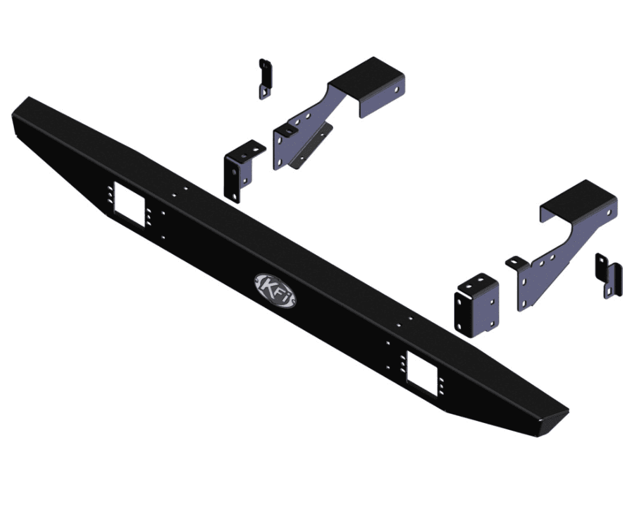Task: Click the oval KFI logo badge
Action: click(275, 290)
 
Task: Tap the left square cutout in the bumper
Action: click(129, 202)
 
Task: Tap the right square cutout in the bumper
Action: click(422, 373)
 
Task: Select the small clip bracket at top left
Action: click(265, 79)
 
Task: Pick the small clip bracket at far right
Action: click(608, 276)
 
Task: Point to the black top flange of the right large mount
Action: click(578, 201)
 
